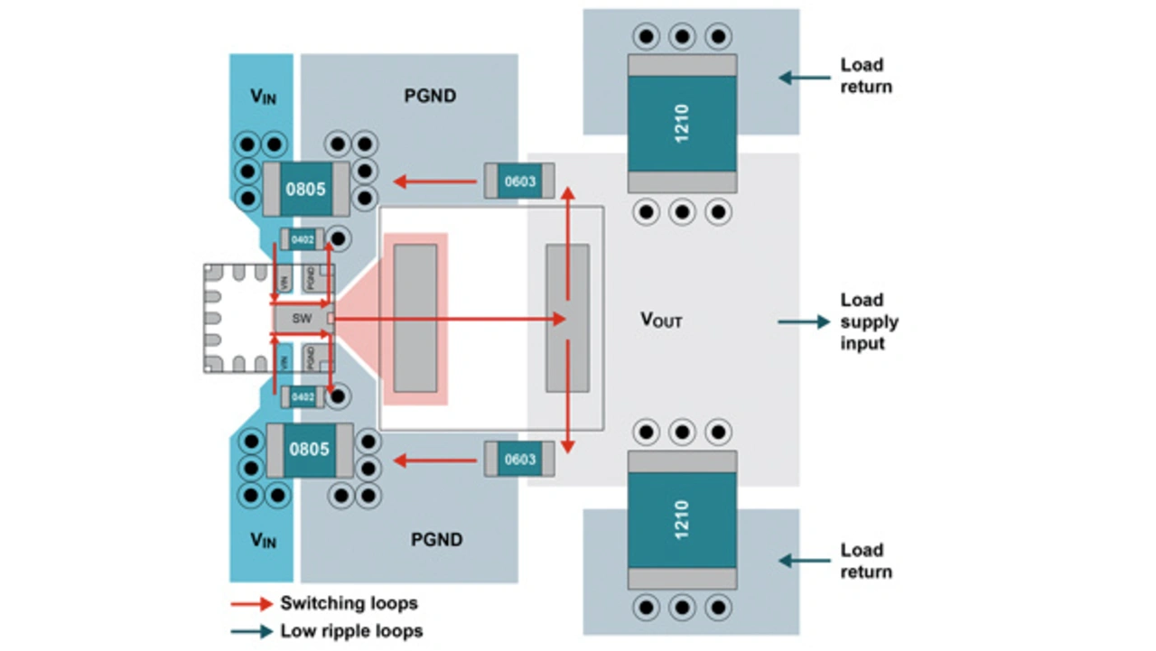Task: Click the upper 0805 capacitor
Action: [306, 190]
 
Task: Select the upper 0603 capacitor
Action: [519, 181]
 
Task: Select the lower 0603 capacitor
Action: [519, 459]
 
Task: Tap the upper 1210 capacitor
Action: [682, 123]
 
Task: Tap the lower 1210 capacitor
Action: [682, 520]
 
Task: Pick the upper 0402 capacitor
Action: [302, 239]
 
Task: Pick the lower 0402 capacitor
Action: [302, 397]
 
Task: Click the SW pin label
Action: [302, 319]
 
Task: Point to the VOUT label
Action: [661, 320]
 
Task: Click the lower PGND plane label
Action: [436, 540]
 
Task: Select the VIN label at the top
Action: [263, 97]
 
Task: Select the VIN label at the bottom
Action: [263, 540]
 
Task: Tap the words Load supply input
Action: [869, 321]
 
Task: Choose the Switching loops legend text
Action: [349, 603]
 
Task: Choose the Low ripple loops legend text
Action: [351, 631]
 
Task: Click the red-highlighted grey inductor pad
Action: [415, 319]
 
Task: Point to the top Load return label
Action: [865, 76]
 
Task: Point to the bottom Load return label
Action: [865, 561]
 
